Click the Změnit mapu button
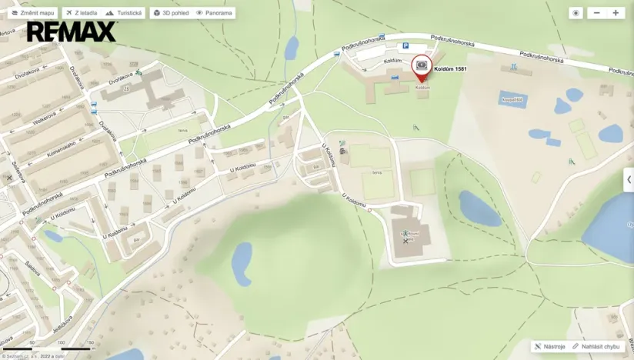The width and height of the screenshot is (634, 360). coord(32,13)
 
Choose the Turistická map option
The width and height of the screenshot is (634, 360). coord(123,13)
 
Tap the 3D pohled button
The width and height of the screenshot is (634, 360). coord(170,13)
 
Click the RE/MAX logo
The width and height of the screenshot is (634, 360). coord(72,32)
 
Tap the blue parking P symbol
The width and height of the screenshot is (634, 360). coord(405,46)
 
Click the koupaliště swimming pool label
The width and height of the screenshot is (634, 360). coord(512,99)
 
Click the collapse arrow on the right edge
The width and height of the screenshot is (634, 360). coord(629,179)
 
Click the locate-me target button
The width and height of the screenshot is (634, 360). coord(576,13)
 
